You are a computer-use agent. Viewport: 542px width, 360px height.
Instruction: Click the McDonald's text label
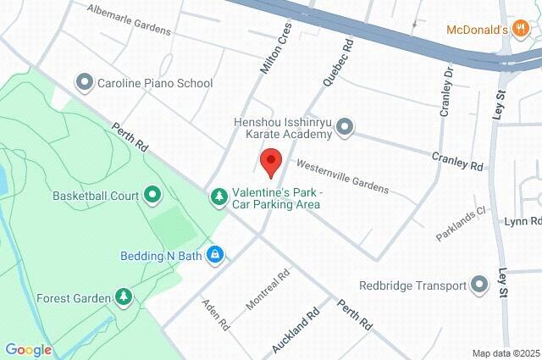point(477,30)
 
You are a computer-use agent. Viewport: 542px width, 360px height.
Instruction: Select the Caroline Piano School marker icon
point(84,83)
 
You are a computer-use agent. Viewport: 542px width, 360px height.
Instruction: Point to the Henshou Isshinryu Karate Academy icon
point(344,128)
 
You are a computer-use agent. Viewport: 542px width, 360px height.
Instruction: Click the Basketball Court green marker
point(152,196)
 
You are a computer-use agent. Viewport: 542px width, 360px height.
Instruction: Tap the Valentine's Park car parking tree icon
point(219,197)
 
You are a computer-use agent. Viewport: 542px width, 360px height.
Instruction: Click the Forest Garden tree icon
point(124,297)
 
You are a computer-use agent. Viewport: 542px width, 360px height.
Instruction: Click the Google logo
point(28,350)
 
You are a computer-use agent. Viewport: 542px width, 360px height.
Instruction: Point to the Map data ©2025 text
point(506,353)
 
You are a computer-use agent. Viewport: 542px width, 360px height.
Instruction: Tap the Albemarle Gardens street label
point(130,19)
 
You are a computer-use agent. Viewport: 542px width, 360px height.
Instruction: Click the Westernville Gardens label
point(341,174)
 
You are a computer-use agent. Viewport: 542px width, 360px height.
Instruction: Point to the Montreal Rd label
point(268,289)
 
